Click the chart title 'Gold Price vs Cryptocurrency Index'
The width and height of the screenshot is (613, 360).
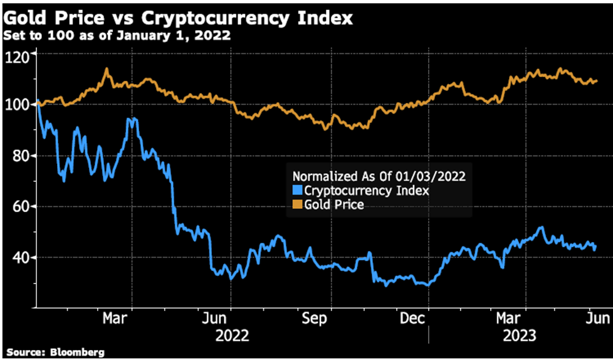click(177, 16)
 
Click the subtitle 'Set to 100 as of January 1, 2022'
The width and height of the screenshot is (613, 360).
click(116, 34)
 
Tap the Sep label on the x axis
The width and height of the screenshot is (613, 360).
click(314, 319)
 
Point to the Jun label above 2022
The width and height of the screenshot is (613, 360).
click(216, 319)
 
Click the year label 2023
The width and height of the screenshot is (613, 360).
click(519, 336)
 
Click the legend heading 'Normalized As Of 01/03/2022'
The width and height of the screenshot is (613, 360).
click(379, 176)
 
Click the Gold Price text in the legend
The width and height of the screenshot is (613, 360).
click(334, 204)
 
